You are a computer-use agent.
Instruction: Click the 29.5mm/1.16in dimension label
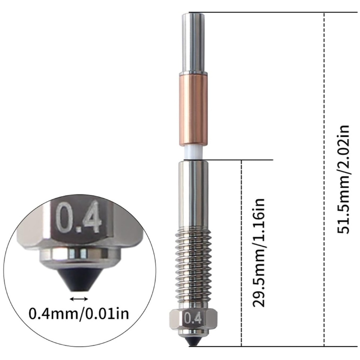[259, 253]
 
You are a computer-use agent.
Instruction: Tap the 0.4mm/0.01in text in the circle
[79, 314]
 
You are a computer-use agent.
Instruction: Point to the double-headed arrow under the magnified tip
[79, 299]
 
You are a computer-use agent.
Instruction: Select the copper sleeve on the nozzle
[193, 109]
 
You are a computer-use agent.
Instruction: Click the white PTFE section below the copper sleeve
[194, 152]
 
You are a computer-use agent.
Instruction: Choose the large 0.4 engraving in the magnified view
[78, 217]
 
